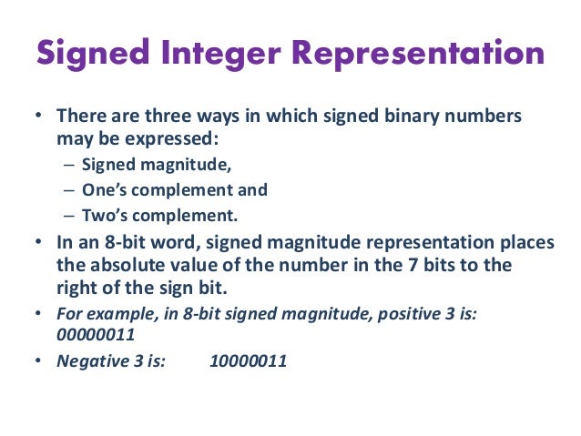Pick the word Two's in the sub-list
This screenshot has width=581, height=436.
click(x=103, y=216)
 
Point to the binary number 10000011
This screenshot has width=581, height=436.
click(x=249, y=360)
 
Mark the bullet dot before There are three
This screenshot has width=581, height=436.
click(x=38, y=118)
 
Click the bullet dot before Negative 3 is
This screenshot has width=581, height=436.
click(x=38, y=360)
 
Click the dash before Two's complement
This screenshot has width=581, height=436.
click(x=70, y=216)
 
